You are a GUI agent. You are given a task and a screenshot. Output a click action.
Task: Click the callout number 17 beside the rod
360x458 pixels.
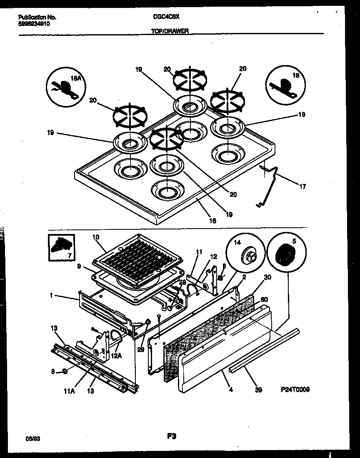pos(302,186)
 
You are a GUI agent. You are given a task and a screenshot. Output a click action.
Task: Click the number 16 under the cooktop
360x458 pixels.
pos(212,221)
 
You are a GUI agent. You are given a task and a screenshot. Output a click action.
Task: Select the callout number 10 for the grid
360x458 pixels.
pos(95,237)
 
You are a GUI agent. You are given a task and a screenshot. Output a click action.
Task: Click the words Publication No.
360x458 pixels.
pos(37,18)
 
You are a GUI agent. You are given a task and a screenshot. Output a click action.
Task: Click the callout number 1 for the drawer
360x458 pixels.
pos(51,296)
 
